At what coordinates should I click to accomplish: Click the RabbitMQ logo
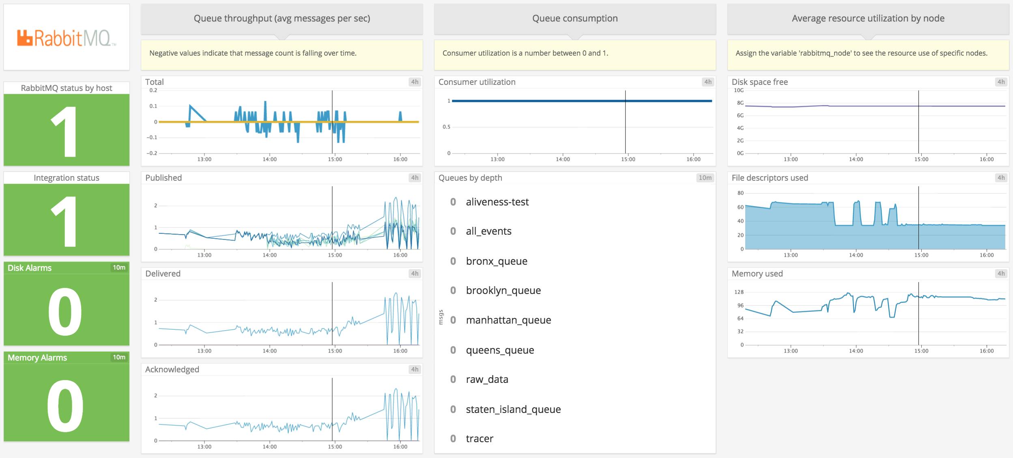click(x=66, y=38)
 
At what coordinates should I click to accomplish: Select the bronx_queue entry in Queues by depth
click(x=497, y=261)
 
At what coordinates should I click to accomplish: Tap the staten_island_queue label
click(x=513, y=409)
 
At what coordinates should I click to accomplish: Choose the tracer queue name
click(x=480, y=439)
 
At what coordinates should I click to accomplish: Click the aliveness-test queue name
click(x=497, y=202)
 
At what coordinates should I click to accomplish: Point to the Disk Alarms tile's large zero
click(x=65, y=311)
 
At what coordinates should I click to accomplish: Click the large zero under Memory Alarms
click(x=65, y=406)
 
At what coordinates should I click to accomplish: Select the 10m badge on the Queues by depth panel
click(x=705, y=178)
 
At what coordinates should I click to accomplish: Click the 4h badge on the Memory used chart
click(x=1001, y=274)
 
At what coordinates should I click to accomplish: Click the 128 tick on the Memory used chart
click(x=739, y=292)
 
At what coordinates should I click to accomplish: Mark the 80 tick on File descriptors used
click(x=740, y=193)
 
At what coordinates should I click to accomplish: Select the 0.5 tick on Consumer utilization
click(x=446, y=127)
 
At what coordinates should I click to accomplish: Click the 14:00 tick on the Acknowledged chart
click(x=269, y=447)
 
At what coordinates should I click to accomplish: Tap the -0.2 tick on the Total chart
click(x=152, y=153)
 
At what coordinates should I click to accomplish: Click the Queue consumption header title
click(x=575, y=18)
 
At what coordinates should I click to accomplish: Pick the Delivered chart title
click(x=163, y=274)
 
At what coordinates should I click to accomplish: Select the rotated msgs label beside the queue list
click(x=441, y=317)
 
